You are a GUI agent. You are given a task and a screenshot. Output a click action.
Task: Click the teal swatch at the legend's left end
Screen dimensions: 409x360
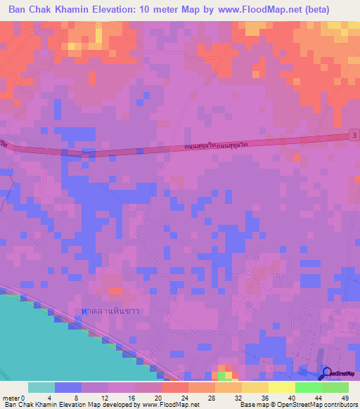pos(41,387)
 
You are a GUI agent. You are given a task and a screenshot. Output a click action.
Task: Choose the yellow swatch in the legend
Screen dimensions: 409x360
pos(281,387)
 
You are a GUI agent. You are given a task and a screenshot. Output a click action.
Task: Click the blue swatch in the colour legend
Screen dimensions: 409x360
pos(68,387)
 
